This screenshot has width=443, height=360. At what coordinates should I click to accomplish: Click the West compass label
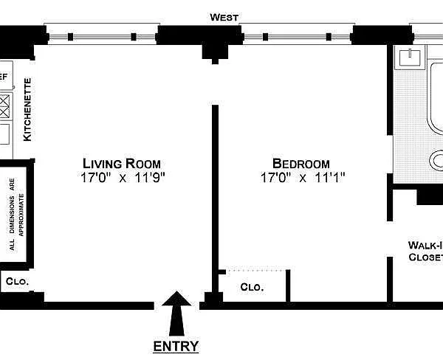tap(224, 18)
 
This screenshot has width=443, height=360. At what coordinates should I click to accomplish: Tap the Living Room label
tap(122, 164)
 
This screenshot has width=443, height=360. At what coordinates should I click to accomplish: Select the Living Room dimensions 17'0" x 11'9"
tap(123, 178)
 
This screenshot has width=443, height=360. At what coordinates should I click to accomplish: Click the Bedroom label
tap(301, 164)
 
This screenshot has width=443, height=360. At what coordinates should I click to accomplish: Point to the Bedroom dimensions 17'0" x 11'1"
tap(303, 178)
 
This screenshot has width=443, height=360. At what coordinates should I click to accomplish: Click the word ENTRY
tap(176, 347)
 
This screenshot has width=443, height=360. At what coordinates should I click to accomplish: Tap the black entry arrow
tap(176, 314)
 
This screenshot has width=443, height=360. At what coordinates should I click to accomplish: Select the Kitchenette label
tap(27, 110)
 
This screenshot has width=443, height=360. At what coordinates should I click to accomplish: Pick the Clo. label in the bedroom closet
tap(252, 287)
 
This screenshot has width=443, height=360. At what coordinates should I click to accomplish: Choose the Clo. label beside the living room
tap(17, 281)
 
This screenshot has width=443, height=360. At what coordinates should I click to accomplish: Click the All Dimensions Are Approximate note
tap(17, 214)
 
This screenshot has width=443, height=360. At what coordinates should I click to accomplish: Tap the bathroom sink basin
tap(409, 58)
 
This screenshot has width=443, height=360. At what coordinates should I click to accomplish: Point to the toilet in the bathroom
tap(436, 161)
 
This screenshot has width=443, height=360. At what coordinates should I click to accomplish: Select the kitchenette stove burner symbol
tap(4, 106)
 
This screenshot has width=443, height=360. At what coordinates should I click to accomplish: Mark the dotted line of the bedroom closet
tap(255, 271)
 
